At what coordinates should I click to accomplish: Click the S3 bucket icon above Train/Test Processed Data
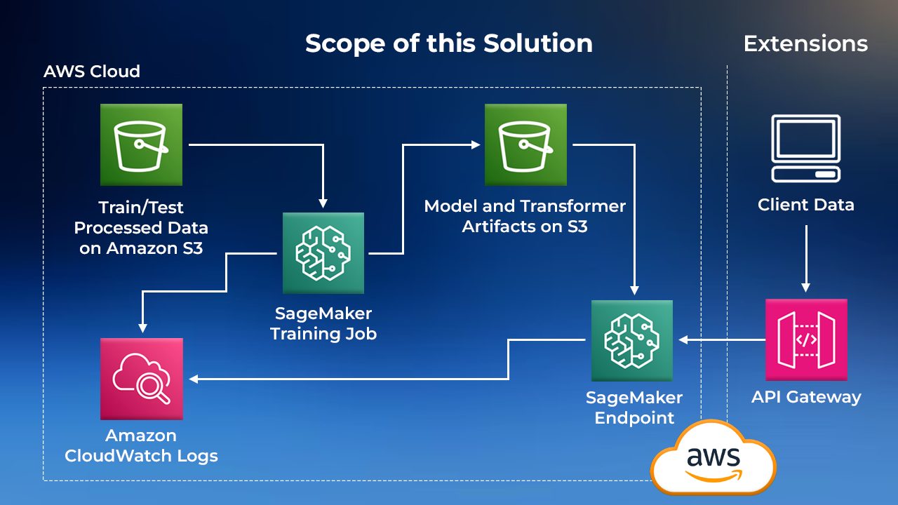141,144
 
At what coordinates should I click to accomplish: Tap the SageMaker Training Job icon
323,253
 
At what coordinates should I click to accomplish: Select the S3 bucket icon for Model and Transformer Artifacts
525,144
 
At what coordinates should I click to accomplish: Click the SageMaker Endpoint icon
631,341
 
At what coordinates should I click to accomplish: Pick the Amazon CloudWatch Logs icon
141,379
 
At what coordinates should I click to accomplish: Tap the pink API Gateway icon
806,340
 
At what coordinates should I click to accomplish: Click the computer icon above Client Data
806,149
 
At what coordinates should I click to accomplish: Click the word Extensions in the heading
805,43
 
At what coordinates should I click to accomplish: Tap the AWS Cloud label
92,72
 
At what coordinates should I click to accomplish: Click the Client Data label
806,205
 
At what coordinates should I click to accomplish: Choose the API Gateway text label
806,397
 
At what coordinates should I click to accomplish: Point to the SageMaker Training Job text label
323,323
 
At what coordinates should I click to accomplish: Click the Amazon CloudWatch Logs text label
141,445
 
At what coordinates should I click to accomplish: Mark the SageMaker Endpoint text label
634,408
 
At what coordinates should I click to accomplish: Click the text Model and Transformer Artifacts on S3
525,216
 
